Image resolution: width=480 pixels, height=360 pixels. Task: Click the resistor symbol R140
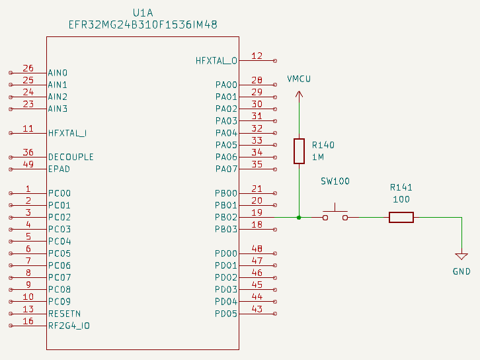pyautogui.click(x=299, y=151)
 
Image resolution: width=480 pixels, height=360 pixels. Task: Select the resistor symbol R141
pyautogui.click(x=401, y=217)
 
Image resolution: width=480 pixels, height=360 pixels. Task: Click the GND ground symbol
pyautogui.click(x=461, y=257)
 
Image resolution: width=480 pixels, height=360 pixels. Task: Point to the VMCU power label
pyautogui.click(x=299, y=79)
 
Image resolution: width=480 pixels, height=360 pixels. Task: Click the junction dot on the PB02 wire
pyautogui.click(x=299, y=217)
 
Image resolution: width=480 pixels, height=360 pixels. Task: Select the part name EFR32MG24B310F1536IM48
pyautogui.click(x=143, y=24)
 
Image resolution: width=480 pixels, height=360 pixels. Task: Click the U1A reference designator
pyautogui.click(x=143, y=13)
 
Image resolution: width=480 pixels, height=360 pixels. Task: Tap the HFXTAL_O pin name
pyautogui.click(x=216, y=61)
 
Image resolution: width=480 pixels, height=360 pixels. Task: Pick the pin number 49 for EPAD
pyautogui.click(x=28, y=164)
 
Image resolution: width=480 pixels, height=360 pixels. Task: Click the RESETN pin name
pyautogui.click(x=64, y=314)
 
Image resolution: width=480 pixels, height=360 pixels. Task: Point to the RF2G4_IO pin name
pyautogui.click(x=69, y=326)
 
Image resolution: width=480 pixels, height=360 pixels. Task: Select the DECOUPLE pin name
pyautogui.click(x=71, y=157)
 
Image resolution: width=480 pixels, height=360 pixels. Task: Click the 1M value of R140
pyautogui.click(x=318, y=157)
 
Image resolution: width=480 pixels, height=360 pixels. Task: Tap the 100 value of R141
pyautogui.click(x=401, y=199)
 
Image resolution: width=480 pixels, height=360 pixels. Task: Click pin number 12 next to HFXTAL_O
pyautogui.click(x=257, y=56)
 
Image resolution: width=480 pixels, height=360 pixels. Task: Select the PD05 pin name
pyautogui.click(x=225, y=314)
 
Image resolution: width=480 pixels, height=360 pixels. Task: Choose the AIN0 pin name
pyautogui.click(x=58, y=73)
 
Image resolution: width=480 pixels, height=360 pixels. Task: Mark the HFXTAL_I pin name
pyautogui.click(x=67, y=133)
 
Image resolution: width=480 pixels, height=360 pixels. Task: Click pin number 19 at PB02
pyautogui.click(x=257, y=212)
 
